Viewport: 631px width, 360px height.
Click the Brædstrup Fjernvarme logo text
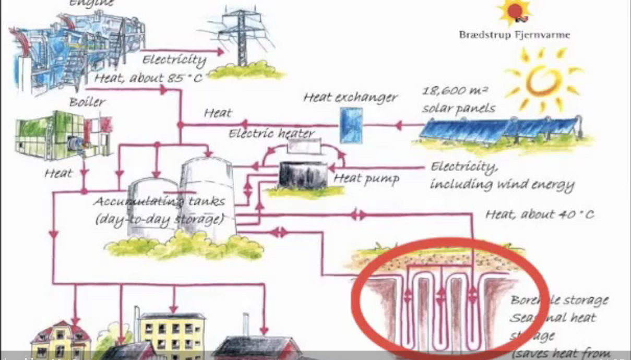coord(514,35)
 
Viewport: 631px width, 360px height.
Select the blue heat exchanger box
coord(351,125)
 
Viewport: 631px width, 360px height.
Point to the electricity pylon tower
coord(241,37)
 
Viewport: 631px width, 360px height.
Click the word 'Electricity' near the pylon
coord(174,60)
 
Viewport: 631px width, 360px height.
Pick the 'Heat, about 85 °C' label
coord(148,79)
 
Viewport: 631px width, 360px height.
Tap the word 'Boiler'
coord(88,102)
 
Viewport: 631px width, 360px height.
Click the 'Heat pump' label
coord(366,178)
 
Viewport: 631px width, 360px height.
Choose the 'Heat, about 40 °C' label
coord(539,214)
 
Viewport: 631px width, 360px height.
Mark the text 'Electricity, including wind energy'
coord(501,176)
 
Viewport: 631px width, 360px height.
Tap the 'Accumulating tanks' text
coord(159,201)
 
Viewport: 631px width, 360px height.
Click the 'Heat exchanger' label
coord(350,98)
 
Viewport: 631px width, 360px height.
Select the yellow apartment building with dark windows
coord(171,333)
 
